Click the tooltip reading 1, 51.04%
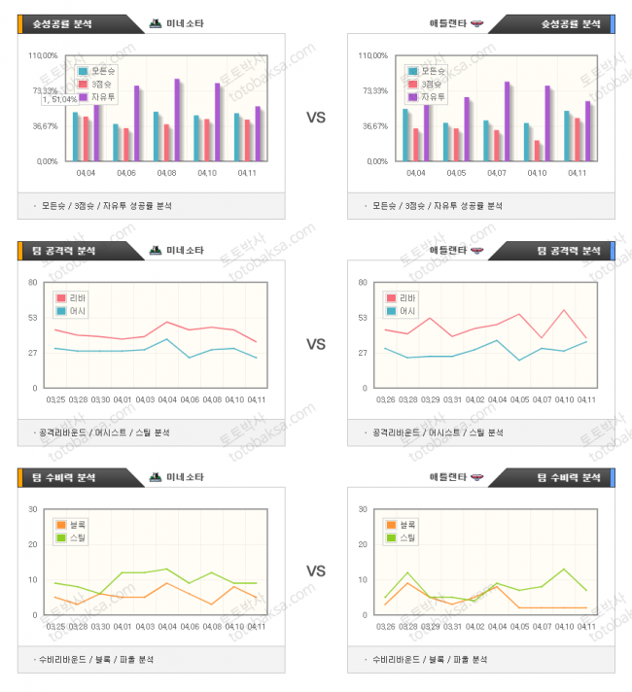coord(66,98)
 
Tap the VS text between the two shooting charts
coord(316,118)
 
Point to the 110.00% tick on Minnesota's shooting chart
coord(44,55)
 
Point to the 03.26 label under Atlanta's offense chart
coord(386,399)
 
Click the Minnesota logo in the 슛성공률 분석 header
coord(156,22)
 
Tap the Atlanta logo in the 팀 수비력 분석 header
coord(476,477)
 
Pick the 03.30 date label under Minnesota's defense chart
coord(101,627)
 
